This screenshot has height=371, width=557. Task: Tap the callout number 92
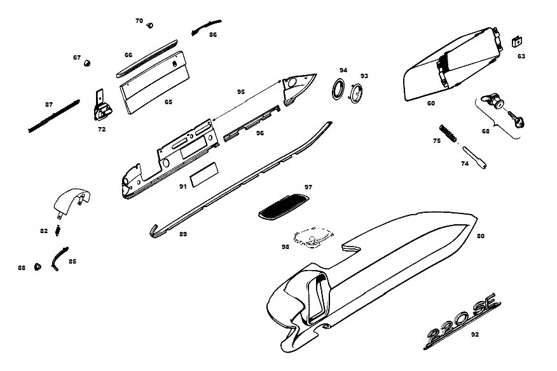475,334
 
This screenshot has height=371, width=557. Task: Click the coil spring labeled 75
450,134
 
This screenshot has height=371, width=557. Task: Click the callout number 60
430,103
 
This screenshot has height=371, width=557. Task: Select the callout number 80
480,236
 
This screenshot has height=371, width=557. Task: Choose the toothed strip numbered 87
54,115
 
